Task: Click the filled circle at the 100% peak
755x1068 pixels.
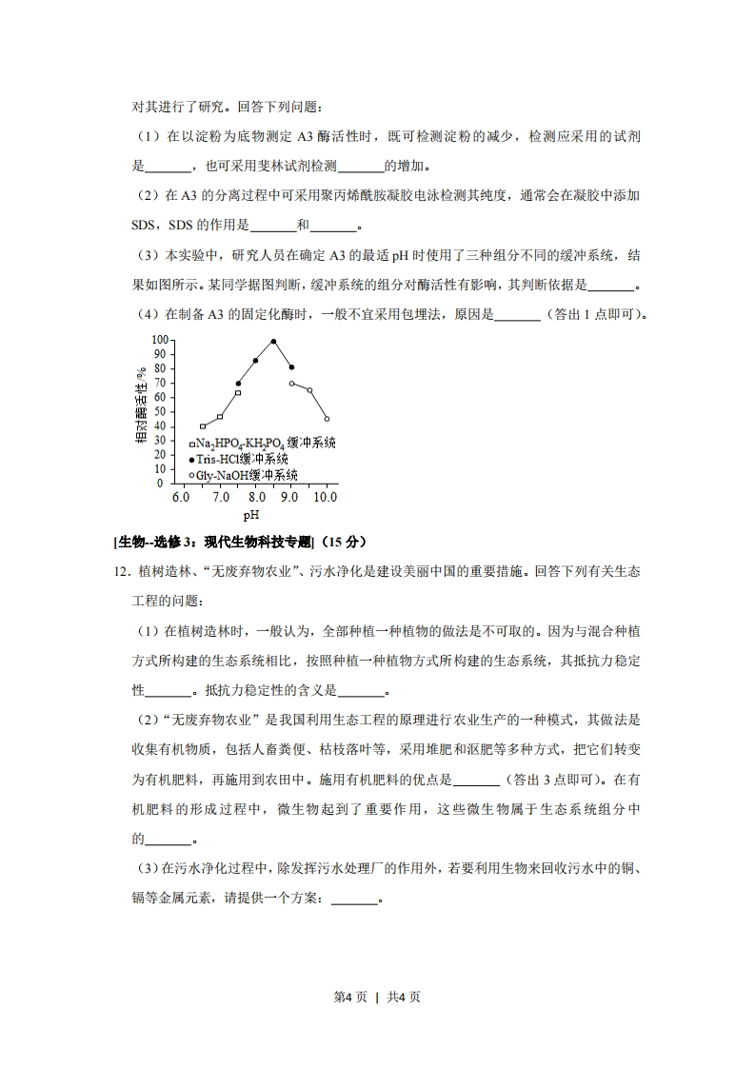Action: click(x=273, y=341)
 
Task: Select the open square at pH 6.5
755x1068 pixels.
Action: click(x=203, y=425)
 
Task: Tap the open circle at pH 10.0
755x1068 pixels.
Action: click(x=327, y=419)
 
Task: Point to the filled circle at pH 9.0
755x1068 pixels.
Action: click(x=291, y=367)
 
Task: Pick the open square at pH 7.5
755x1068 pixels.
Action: click(x=238, y=392)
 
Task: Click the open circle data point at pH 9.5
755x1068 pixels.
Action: click(x=309, y=389)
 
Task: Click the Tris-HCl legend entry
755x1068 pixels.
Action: click(x=243, y=459)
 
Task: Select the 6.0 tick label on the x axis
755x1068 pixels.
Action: click(x=180, y=497)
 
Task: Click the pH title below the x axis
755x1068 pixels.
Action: click(x=251, y=515)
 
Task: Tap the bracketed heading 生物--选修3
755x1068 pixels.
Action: click(x=213, y=543)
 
